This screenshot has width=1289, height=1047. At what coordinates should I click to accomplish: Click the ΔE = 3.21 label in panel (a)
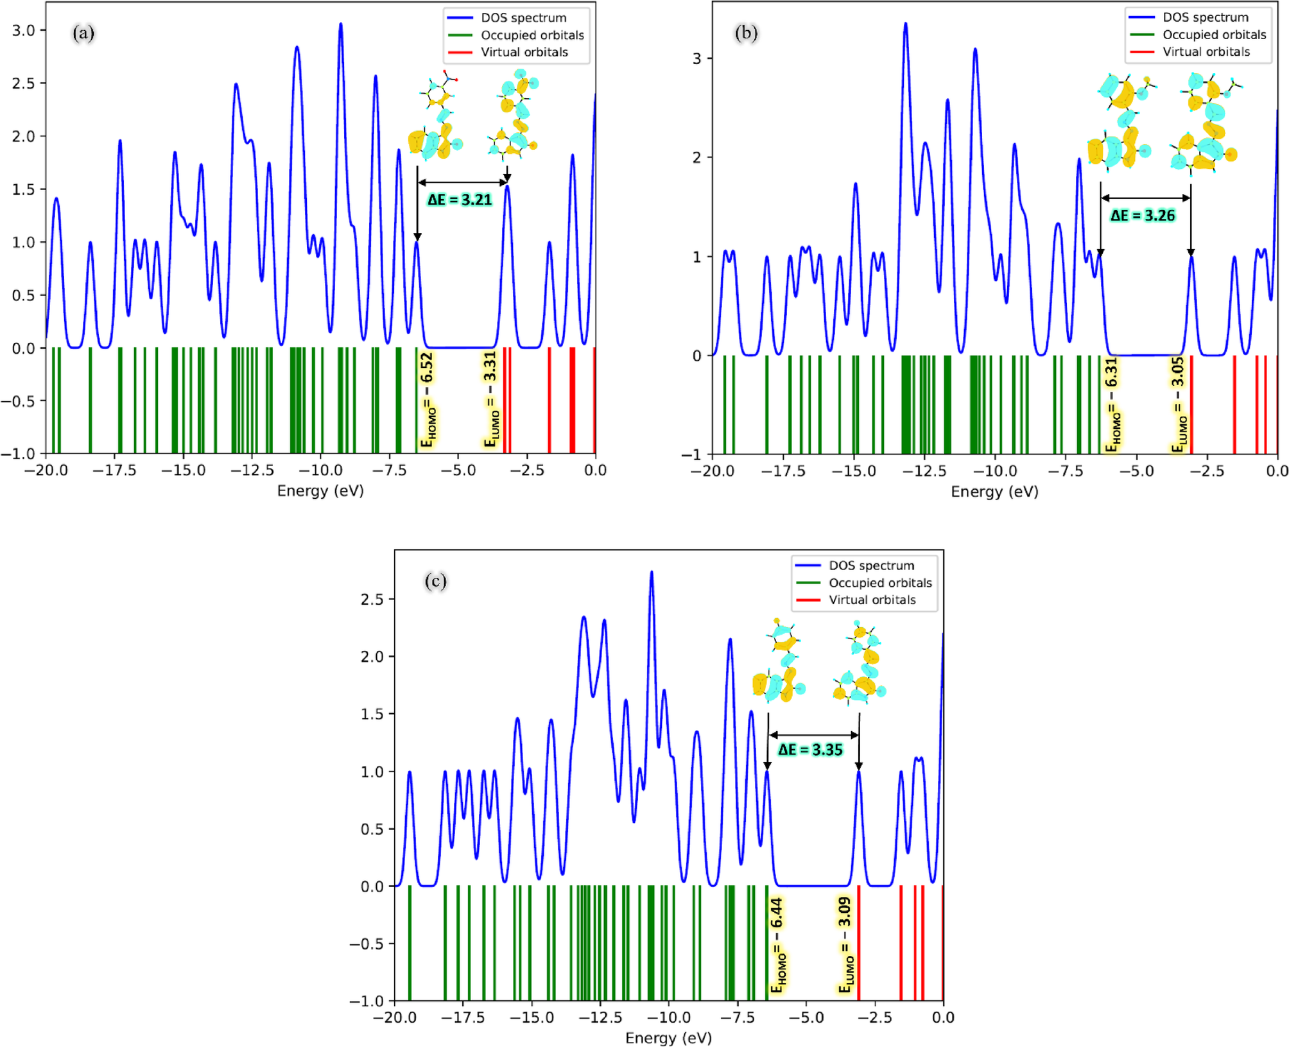coord(460,200)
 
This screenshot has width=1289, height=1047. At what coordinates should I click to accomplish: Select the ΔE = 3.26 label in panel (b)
coord(1143,216)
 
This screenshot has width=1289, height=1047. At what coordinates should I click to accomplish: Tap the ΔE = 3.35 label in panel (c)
coord(810,750)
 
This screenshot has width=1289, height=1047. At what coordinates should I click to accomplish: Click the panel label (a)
coord(83,32)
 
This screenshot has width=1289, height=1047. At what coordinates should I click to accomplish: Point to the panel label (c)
coord(435,581)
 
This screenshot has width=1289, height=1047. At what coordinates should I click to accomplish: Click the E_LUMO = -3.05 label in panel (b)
coord(1179,404)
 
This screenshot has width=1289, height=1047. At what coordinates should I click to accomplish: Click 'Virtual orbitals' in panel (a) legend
coord(524,52)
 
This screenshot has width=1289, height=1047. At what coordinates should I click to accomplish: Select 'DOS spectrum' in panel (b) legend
coord(1206,17)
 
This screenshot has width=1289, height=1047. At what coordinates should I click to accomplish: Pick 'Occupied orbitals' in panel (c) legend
coord(879,583)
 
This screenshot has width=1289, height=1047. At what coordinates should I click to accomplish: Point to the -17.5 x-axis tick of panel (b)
coord(783,471)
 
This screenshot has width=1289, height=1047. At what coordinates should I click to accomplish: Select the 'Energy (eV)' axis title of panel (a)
coord(320,490)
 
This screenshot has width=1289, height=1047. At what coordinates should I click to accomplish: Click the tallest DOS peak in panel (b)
coord(905,24)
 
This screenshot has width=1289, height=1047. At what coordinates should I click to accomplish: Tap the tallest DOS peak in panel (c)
coord(652,572)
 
